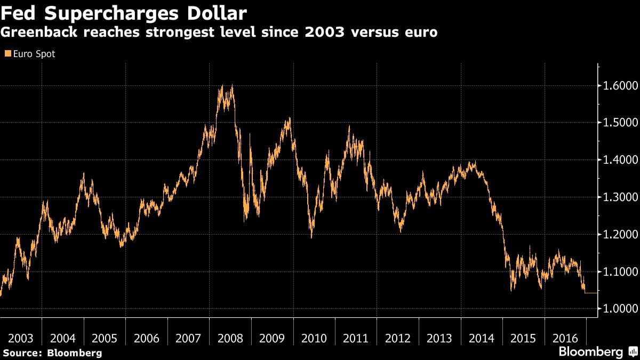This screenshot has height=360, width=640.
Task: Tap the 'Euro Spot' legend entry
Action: click(x=32, y=54)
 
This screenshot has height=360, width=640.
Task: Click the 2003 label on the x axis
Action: click(x=21, y=338)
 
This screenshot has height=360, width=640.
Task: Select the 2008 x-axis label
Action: click(x=230, y=338)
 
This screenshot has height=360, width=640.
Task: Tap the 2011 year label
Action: click(x=356, y=338)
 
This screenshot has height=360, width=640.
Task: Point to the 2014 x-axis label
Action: click(x=482, y=338)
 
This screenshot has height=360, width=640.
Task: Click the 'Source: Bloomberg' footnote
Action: click(x=52, y=353)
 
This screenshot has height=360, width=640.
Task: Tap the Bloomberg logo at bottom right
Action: click(x=597, y=351)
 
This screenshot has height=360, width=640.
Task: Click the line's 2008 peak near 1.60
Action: click(x=221, y=86)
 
